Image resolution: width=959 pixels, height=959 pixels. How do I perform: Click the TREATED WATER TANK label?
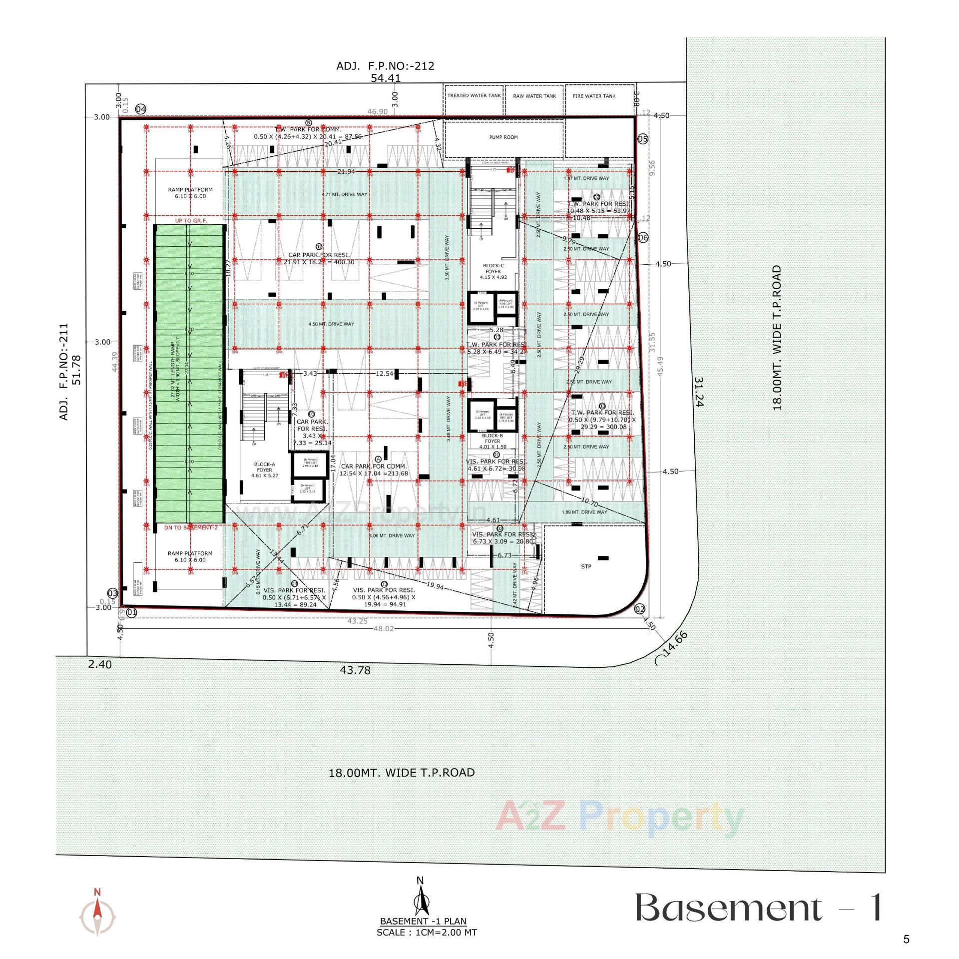(474, 95)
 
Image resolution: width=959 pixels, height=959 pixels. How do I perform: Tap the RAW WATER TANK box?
(534, 96)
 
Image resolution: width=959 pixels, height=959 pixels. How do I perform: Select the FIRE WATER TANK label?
(594, 96)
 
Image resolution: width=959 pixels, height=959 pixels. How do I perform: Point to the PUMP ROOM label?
(503, 137)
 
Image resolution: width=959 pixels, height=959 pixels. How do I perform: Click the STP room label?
(586, 566)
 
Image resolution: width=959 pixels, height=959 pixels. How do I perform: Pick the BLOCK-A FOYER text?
(264, 470)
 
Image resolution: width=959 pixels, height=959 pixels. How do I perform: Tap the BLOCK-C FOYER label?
(493, 272)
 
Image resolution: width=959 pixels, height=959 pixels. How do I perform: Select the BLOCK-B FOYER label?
(492, 441)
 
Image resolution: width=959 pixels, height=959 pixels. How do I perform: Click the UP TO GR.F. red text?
(191, 220)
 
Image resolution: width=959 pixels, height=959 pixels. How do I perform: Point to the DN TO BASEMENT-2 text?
(191, 527)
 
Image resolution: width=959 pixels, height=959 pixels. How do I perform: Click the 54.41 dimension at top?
(385, 78)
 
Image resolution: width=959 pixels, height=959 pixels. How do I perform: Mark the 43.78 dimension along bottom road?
(355, 670)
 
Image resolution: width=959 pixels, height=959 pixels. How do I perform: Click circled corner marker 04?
(141, 109)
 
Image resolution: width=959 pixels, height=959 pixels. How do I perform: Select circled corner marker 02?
(639, 609)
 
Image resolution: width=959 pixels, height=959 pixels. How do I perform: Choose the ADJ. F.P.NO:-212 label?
(385, 65)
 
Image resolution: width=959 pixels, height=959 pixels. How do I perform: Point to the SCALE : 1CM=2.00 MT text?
(427, 932)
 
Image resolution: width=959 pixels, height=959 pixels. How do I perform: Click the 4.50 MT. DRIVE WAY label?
(331, 324)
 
